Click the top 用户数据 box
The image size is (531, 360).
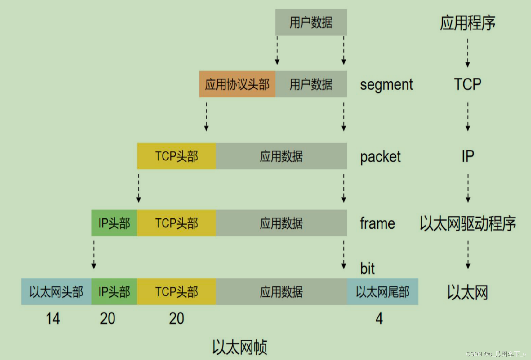(311, 22)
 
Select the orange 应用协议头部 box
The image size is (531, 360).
(237, 84)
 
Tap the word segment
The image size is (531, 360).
(386, 84)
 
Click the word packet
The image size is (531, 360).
(380, 157)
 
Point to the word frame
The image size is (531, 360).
(377, 223)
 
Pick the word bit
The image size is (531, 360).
(367, 268)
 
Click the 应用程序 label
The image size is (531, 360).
(467, 23)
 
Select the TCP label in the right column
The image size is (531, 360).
(467, 84)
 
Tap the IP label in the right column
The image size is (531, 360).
(468, 156)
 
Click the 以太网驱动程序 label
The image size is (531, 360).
(467, 223)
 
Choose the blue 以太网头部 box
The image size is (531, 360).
(56, 292)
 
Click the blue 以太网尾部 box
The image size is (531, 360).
(382, 292)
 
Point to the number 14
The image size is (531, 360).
(53, 318)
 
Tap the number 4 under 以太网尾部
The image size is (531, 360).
(379, 318)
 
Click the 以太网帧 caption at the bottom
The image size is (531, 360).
(239, 347)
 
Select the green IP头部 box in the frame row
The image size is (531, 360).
(114, 223)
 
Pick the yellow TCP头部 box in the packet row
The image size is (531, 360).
(176, 156)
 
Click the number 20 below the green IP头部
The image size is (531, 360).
(108, 318)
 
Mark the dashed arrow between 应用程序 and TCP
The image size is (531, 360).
(468, 53)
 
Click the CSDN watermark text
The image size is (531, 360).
(496, 354)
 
